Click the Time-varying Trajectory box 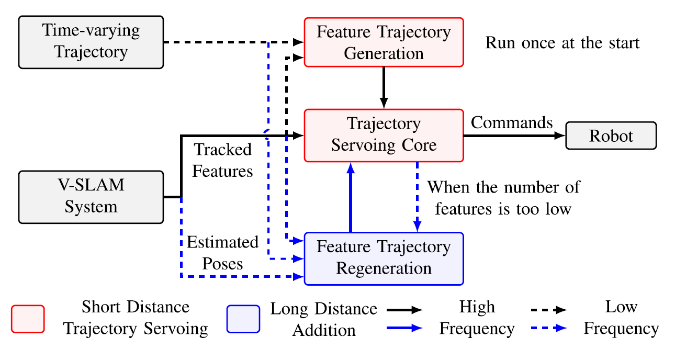(91, 42)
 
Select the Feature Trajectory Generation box (384, 42)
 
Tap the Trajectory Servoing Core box (384, 136)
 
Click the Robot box (611, 136)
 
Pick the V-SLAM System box (91, 197)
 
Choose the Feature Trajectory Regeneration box (384, 258)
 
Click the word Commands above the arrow (512, 122)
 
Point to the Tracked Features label (222, 160)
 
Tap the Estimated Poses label (222, 253)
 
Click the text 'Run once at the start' (562, 42)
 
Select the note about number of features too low (503, 198)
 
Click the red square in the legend (28, 319)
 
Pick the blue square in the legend (243, 319)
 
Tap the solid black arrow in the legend (404, 310)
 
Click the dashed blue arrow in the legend (549, 328)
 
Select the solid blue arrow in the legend (404, 328)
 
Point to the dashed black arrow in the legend (549, 310)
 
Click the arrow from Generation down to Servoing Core (384, 88)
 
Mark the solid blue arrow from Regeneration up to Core (351, 197)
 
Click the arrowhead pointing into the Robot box (560, 136)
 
